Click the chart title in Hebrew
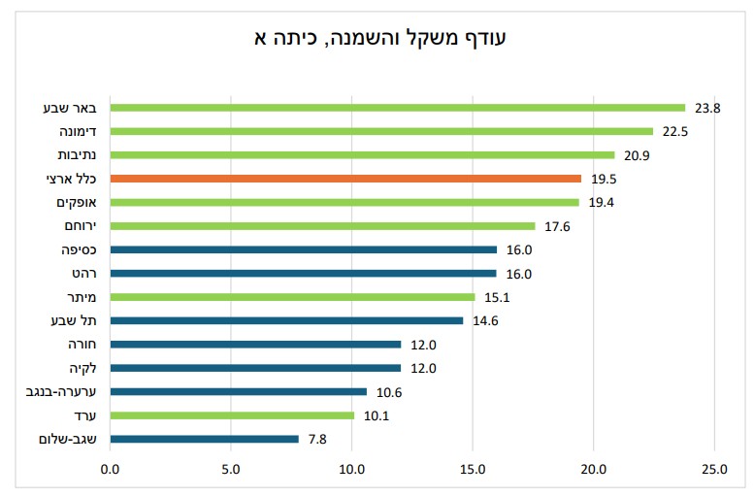[x=379, y=38]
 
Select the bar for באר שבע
[x=398, y=108]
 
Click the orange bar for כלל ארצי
[x=345, y=179]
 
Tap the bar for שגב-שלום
[x=205, y=439]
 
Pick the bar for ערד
[x=232, y=415]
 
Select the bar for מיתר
[x=292, y=297]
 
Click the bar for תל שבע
[x=286, y=320]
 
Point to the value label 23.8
[x=707, y=109]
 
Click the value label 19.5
[x=604, y=179]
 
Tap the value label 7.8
[x=317, y=440]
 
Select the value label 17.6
[x=557, y=226]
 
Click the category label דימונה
[x=78, y=131]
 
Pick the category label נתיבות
[x=77, y=155]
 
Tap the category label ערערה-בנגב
[x=61, y=391]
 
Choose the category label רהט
[x=84, y=274]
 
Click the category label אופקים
[x=77, y=202]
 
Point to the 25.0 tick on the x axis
[x=714, y=469]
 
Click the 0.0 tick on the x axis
[x=110, y=469]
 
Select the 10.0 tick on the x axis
[x=351, y=469]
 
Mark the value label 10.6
[x=389, y=392]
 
